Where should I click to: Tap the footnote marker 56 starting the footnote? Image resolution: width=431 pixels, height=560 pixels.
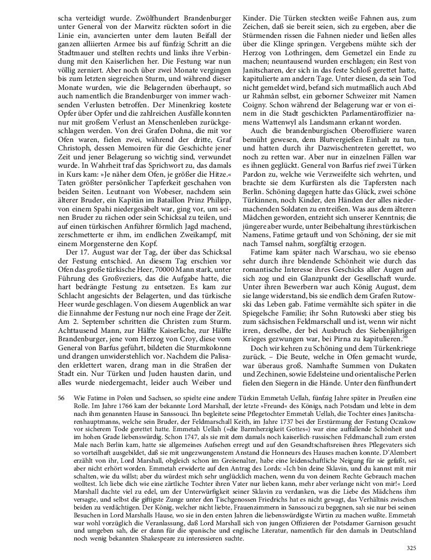(62, 399)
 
